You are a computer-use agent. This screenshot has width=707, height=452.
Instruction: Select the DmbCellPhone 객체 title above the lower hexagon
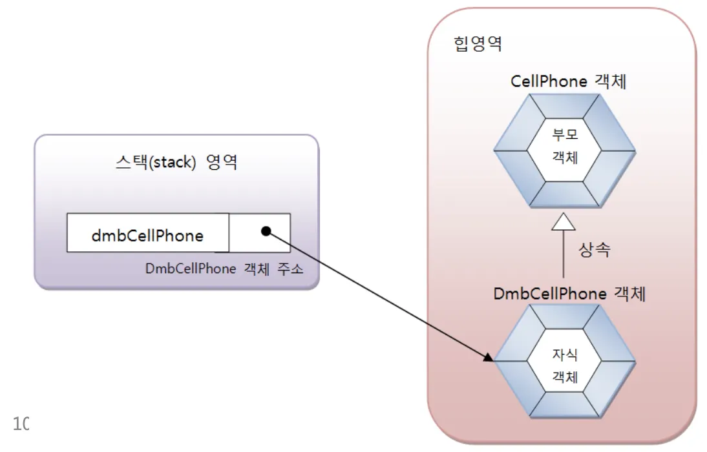[x=570, y=294]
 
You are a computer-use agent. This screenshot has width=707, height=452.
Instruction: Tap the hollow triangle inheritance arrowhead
[x=564, y=223]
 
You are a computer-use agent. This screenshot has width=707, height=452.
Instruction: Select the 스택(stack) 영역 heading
[x=176, y=161]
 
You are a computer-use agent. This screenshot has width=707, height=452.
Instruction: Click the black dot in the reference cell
[x=265, y=231]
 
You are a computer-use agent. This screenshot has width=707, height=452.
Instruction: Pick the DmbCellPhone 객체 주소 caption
[x=224, y=269]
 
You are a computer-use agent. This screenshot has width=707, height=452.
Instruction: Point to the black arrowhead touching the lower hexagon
[x=489, y=357]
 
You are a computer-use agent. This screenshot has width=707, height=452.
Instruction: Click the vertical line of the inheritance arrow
[x=564, y=258]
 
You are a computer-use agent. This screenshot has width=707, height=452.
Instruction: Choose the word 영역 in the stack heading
[x=222, y=161]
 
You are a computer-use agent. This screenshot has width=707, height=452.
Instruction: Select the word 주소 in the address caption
[x=290, y=269]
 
